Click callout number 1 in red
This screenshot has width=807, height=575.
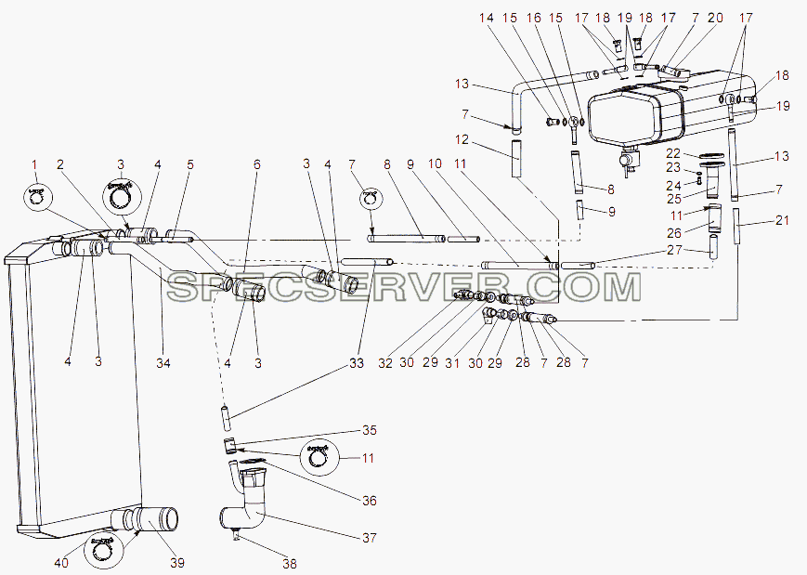(34, 164)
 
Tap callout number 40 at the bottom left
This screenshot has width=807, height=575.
(60, 563)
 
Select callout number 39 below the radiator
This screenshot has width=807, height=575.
(177, 563)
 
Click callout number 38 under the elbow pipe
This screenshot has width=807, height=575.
(290, 564)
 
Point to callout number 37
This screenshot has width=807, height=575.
(370, 538)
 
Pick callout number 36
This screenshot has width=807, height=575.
(370, 501)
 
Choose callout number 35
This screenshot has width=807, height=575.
(370, 430)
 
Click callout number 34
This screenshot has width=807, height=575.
(163, 363)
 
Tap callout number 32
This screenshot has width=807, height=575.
(385, 363)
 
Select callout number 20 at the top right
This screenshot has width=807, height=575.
(715, 18)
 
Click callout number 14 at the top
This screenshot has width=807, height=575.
(487, 18)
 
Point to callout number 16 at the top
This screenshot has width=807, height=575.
(534, 18)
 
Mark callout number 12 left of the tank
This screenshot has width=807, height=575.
(462, 139)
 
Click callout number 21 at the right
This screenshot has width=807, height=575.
(782, 220)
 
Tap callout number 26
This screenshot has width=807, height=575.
(674, 233)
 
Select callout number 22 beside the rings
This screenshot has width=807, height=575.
(673, 153)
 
